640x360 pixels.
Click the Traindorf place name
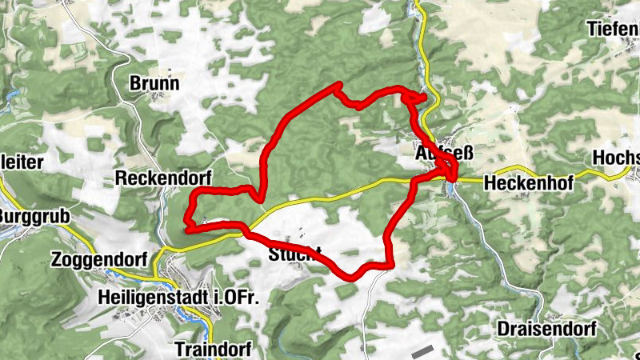click(213, 349)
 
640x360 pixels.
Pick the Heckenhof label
click(529, 183)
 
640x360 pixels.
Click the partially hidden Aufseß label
click(436, 152)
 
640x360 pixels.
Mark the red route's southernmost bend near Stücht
click(352, 278)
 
